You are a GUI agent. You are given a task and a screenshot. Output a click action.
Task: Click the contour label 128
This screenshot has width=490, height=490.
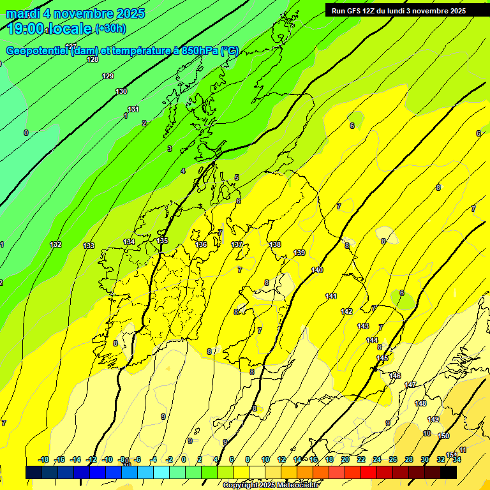(93, 59)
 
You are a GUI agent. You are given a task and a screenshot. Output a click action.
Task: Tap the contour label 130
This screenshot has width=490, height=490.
(121, 91)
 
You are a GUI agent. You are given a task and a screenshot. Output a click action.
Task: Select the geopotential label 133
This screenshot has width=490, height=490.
(89, 246)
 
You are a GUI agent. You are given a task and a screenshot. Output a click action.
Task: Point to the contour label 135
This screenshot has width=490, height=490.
(163, 241)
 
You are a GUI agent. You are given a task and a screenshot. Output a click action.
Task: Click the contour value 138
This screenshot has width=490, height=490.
(275, 244)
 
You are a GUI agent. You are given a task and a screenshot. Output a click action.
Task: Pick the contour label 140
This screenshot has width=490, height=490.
(317, 270)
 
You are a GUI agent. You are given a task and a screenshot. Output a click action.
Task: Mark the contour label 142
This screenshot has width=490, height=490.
(346, 311)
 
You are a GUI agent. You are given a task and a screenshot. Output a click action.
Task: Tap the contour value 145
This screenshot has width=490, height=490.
(382, 358)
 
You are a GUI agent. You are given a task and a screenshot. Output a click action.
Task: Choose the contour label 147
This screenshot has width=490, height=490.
(410, 385)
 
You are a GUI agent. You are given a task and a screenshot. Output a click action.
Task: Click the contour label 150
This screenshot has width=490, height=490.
(444, 436)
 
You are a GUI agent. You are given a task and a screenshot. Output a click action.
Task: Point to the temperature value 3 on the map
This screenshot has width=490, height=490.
(170, 149)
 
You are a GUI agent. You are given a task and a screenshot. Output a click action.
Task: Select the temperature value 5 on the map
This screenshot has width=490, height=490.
(237, 177)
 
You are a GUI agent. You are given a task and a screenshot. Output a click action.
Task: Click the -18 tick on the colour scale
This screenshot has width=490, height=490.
(44, 459)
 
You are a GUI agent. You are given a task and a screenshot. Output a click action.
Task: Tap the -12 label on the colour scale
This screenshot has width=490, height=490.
(92, 459)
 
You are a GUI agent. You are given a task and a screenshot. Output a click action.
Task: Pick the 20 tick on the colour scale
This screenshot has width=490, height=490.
(345, 459)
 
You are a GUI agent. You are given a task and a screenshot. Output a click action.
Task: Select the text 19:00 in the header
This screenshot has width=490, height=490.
(26, 29)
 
